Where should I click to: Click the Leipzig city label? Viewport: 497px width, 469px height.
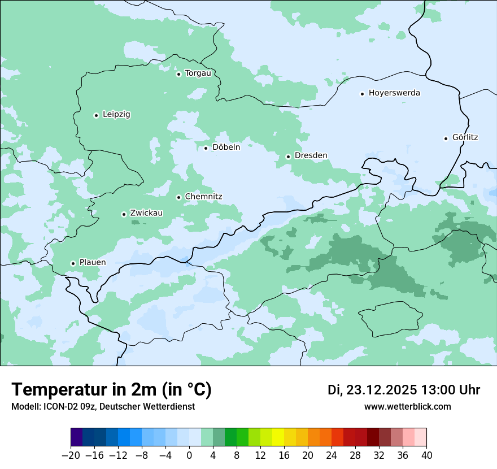tap(116, 114)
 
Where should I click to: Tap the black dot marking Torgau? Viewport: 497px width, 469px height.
tap(178, 74)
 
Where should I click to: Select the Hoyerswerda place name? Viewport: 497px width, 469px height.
tap(394, 93)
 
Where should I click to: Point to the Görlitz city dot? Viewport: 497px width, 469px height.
tap(446, 138)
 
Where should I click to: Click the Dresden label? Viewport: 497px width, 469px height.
tap(311, 155)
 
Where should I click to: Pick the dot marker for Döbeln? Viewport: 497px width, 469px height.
tap(206, 148)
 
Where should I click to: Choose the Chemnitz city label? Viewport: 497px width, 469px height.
tap(203, 197)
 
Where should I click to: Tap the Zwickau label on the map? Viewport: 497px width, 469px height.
tap(146, 213)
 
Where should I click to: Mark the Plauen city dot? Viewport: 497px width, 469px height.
tap(73, 263)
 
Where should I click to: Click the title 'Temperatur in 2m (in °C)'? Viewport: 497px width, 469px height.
tap(111, 389)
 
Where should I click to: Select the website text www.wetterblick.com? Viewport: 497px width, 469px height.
tap(407, 406)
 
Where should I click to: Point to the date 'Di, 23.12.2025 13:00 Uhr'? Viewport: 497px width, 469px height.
tap(404, 390)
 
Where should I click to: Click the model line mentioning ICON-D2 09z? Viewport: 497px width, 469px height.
tap(103, 406)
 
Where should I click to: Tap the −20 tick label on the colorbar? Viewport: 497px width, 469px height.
tap(71, 455)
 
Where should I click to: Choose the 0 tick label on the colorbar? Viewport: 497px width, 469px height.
tap(189, 455)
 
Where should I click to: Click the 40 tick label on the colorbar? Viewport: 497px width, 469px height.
tap(426, 455)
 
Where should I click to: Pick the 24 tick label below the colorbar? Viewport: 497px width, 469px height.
tap(332, 455)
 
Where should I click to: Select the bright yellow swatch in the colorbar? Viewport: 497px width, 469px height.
tap(278, 437)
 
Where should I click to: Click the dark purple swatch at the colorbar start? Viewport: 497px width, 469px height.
tap(77, 437)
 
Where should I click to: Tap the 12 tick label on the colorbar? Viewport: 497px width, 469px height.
tap(260, 455)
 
